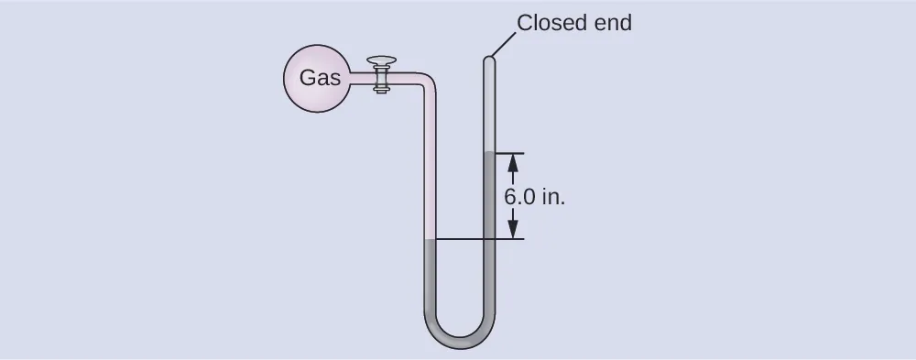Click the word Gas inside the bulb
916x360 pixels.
(320, 79)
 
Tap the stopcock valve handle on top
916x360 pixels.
(382, 61)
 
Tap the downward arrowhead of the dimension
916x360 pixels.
(512, 230)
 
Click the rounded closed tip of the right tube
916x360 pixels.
(489, 61)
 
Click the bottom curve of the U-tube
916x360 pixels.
(460, 341)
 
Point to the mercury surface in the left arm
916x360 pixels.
(430, 240)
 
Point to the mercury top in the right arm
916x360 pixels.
(489, 153)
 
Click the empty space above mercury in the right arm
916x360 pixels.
(489, 105)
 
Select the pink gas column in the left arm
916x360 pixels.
(430, 165)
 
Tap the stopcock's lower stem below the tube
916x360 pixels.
(382, 90)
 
